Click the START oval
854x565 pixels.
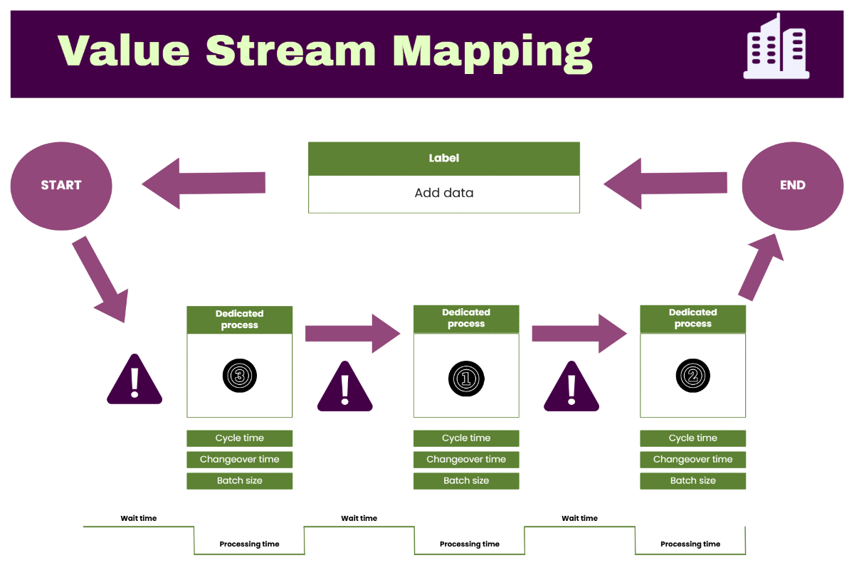[61, 185]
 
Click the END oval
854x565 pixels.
[792, 185]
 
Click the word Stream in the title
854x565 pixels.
[290, 51]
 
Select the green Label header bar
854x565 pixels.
[443, 159]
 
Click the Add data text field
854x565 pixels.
[443, 193]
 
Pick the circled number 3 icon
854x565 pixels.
[239, 375]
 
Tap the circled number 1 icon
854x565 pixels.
[466, 377]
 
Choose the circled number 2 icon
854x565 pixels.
[692, 375]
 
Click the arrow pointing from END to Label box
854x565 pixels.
[665, 184]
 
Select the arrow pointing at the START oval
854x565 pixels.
[204, 184]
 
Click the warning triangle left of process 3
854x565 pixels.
[134, 381]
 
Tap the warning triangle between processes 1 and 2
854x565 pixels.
[571, 388]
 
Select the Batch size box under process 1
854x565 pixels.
[466, 481]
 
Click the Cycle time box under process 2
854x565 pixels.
[692, 438]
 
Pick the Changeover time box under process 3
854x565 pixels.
[239, 460]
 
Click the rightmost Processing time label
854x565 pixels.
[690, 544]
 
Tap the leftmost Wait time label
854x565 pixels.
[138, 518]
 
